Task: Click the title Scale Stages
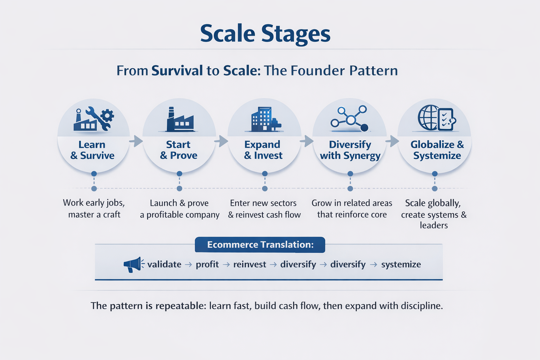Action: pos(265,34)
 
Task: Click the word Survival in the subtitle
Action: pos(177,71)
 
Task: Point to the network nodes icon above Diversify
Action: pos(350,119)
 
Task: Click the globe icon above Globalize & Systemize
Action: pos(429,118)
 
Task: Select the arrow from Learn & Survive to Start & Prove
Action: pos(136,141)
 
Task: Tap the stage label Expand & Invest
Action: pos(263,150)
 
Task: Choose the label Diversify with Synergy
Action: pos(350,150)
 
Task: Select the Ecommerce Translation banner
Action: pos(260,245)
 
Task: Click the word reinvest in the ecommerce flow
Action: pos(250,264)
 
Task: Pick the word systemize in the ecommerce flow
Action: pos(401,264)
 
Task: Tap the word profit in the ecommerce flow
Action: pos(207,264)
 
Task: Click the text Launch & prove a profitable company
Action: pos(179,209)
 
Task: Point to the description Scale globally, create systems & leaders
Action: pos(433,214)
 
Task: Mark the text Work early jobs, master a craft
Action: pos(94,208)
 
